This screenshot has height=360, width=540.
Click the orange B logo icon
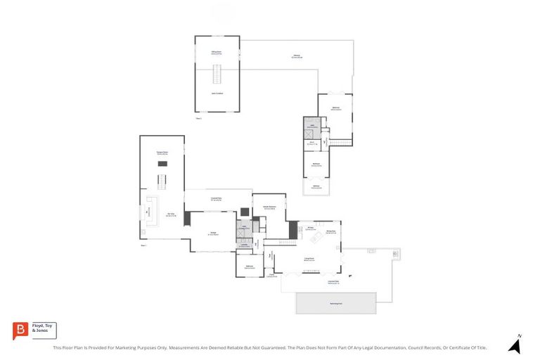tap(21, 330)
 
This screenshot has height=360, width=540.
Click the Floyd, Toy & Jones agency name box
tap(44, 330)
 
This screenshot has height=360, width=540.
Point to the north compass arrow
tap(515, 345)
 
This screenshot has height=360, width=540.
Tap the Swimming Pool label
tap(335, 303)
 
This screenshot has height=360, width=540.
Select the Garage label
tap(213, 233)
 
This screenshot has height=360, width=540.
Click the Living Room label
tap(308, 259)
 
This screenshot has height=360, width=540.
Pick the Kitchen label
tap(309, 228)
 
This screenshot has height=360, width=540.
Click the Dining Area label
tap(330, 231)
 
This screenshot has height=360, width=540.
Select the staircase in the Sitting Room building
tap(217, 73)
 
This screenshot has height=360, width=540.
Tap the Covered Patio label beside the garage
tap(217, 199)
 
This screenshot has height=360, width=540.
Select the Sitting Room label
tap(217, 53)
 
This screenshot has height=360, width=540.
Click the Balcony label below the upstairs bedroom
tap(316, 187)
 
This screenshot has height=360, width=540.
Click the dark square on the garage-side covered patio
tap(244, 211)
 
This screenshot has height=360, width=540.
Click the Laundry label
tap(244, 245)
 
